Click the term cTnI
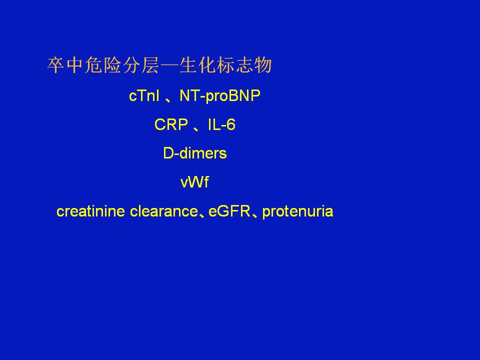click(x=144, y=95)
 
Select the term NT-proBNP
click(x=220, y=96)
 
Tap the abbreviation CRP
click(x=171, y=124)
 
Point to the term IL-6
click(x=221, y=124)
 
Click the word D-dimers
click(x=195, y=153)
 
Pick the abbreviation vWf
click(x=194, y=182)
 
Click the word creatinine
click(x=90, y=211)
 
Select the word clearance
click(x=164, y=211)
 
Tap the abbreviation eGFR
click(x=229, y=211)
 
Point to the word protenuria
click(x=297, y=212)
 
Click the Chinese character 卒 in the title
click(x=56, y=65)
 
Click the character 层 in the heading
click(x=149, y=65)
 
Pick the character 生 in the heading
click(x=187, y=65)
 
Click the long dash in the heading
click(x=168, y=66)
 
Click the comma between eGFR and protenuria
click(x=254, y=215)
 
